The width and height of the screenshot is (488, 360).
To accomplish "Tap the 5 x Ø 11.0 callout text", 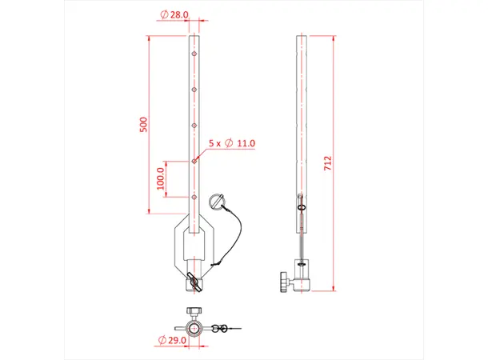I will point(231,142).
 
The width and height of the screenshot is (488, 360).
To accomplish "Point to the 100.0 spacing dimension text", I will point(161,178).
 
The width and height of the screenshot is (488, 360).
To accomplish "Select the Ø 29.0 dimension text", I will point(175,340).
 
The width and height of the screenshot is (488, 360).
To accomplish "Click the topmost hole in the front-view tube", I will point(194,55).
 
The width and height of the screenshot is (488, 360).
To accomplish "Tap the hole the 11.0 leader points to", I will point(194,161).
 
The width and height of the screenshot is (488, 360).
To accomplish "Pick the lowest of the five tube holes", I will point(194,196).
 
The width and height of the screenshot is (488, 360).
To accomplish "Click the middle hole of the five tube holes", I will point(194,126).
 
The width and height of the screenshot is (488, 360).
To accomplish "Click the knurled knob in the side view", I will point(283,282).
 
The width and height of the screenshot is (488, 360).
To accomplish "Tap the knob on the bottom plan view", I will point(194,311).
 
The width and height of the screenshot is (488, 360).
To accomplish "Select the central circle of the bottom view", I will point(194,328).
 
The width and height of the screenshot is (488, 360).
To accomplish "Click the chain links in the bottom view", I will point(226,327).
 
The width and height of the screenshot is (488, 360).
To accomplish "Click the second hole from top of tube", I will point(194,90).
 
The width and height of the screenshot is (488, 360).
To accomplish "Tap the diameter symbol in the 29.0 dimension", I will point(163,340).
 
